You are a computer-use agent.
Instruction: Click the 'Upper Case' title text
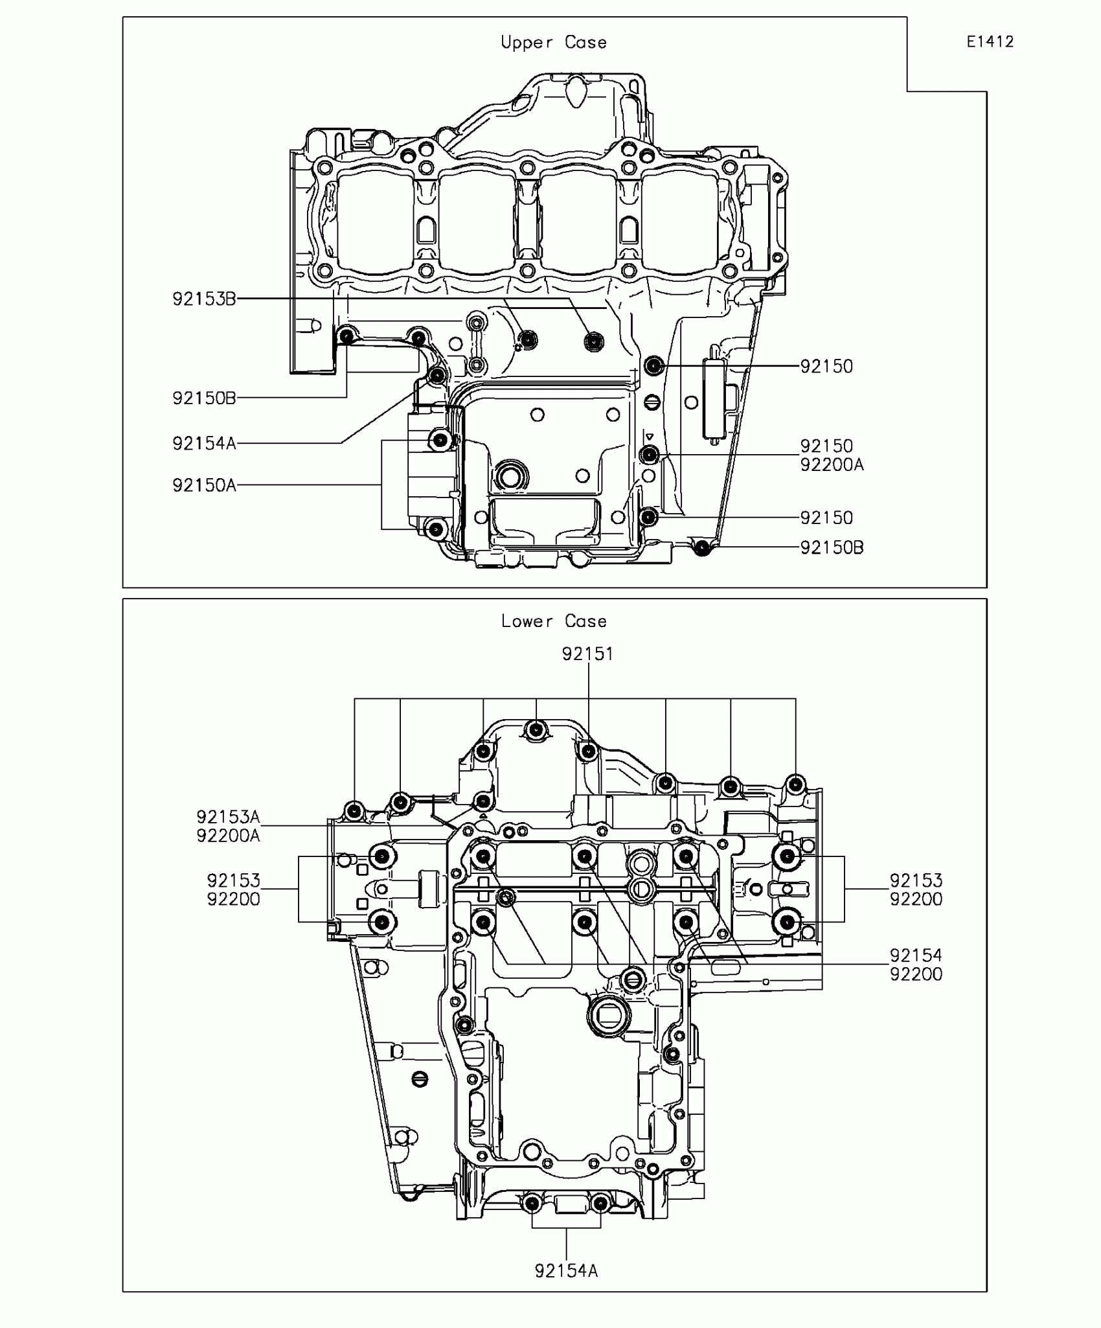tap(553, 43)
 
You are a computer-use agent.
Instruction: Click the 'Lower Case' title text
tap(553, 621)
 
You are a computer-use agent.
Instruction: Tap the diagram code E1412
tap(990, 42)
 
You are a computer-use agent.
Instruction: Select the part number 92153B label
tap(204, 299)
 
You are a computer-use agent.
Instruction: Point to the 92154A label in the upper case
tap(204, 444)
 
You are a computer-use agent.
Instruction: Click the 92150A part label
tap(204, 485)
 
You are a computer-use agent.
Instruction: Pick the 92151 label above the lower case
tap(587, 654)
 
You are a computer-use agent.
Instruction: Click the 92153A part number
tap(228, 817)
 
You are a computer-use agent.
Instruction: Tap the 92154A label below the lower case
tap(566, 1271)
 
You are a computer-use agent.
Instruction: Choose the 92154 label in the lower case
tap(916, 955)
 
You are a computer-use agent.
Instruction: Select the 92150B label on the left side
tap(204, 398)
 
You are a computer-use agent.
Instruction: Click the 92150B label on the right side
tap(832, 548)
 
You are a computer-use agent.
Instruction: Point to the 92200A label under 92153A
tap(228, 836)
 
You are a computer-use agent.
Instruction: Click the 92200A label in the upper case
tap(832, 465)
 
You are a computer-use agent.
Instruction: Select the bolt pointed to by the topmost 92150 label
tap(655, 366)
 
